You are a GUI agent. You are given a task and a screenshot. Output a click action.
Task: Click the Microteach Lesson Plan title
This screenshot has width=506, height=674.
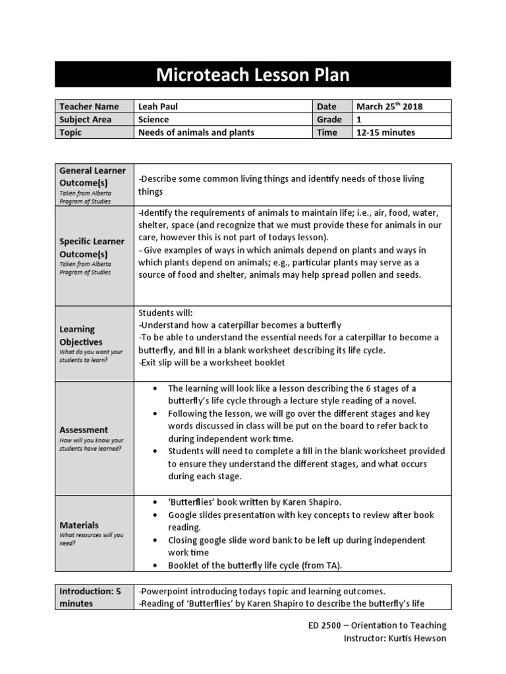[252, 75]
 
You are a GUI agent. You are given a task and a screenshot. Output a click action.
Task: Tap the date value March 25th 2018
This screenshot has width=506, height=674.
[389, 107]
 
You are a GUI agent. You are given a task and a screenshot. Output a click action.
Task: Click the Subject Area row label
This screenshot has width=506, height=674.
[86, 120]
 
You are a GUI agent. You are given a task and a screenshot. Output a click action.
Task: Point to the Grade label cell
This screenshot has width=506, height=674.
[329, 120]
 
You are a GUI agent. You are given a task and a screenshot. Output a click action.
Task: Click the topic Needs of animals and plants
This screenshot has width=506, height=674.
[196, 132]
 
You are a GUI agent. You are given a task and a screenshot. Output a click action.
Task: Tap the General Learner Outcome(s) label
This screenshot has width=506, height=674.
[92, 176]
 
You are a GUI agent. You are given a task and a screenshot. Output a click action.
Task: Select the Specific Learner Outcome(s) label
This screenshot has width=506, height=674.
[92, 247]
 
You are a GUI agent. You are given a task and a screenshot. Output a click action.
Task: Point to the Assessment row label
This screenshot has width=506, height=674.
[84, 430]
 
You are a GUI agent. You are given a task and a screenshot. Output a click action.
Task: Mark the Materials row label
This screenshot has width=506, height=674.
[79, 525]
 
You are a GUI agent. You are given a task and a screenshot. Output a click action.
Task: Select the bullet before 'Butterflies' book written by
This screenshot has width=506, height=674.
[154, 502]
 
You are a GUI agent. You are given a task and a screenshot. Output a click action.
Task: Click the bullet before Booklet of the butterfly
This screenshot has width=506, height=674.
[154, 565]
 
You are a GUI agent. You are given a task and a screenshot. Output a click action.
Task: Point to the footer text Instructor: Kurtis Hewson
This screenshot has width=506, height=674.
[395, 638]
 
